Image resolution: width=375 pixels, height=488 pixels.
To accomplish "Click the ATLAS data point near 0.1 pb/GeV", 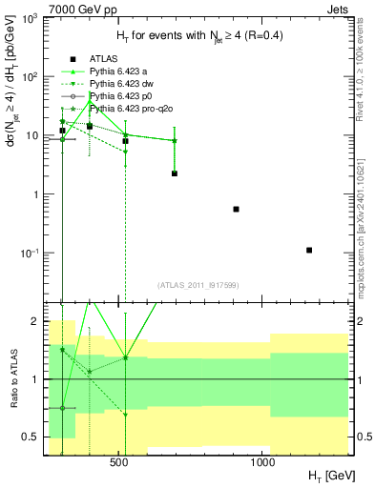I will coord(309,250).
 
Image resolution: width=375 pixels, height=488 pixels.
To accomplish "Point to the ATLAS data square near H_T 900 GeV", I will coord(236,209).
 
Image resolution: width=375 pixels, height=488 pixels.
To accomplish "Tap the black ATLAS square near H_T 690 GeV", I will coord(175,173).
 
